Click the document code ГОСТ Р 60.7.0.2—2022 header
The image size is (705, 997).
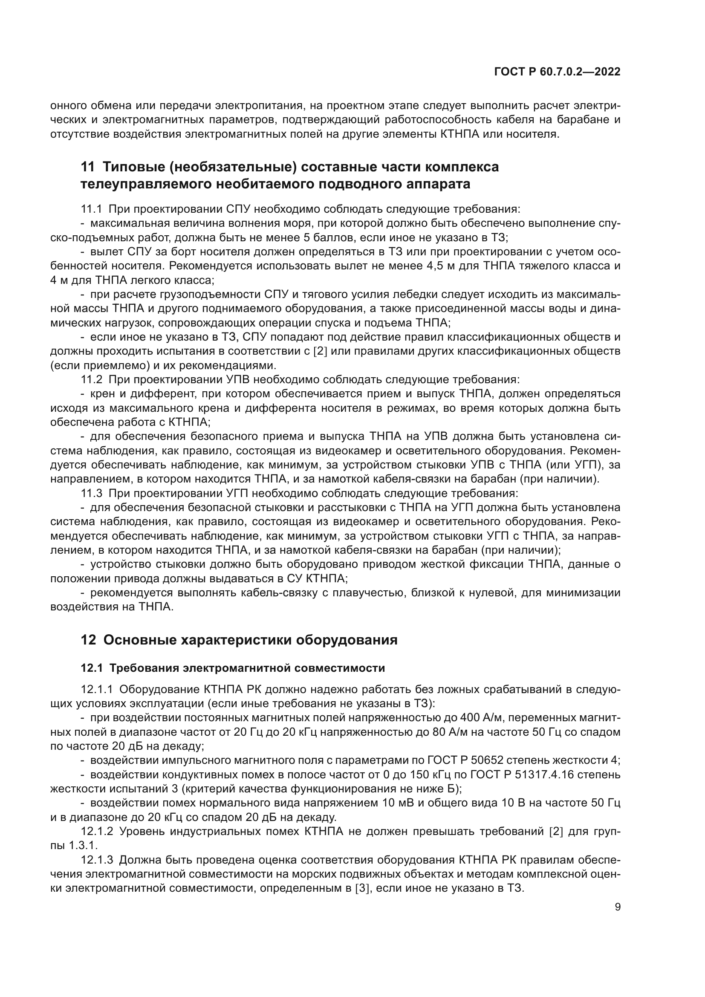click(x=557, y=72)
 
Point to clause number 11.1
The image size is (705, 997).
click(x=91, y=209)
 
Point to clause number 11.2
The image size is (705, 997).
click(x=91, y=379)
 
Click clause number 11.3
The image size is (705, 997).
click(x=91, y=493)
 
